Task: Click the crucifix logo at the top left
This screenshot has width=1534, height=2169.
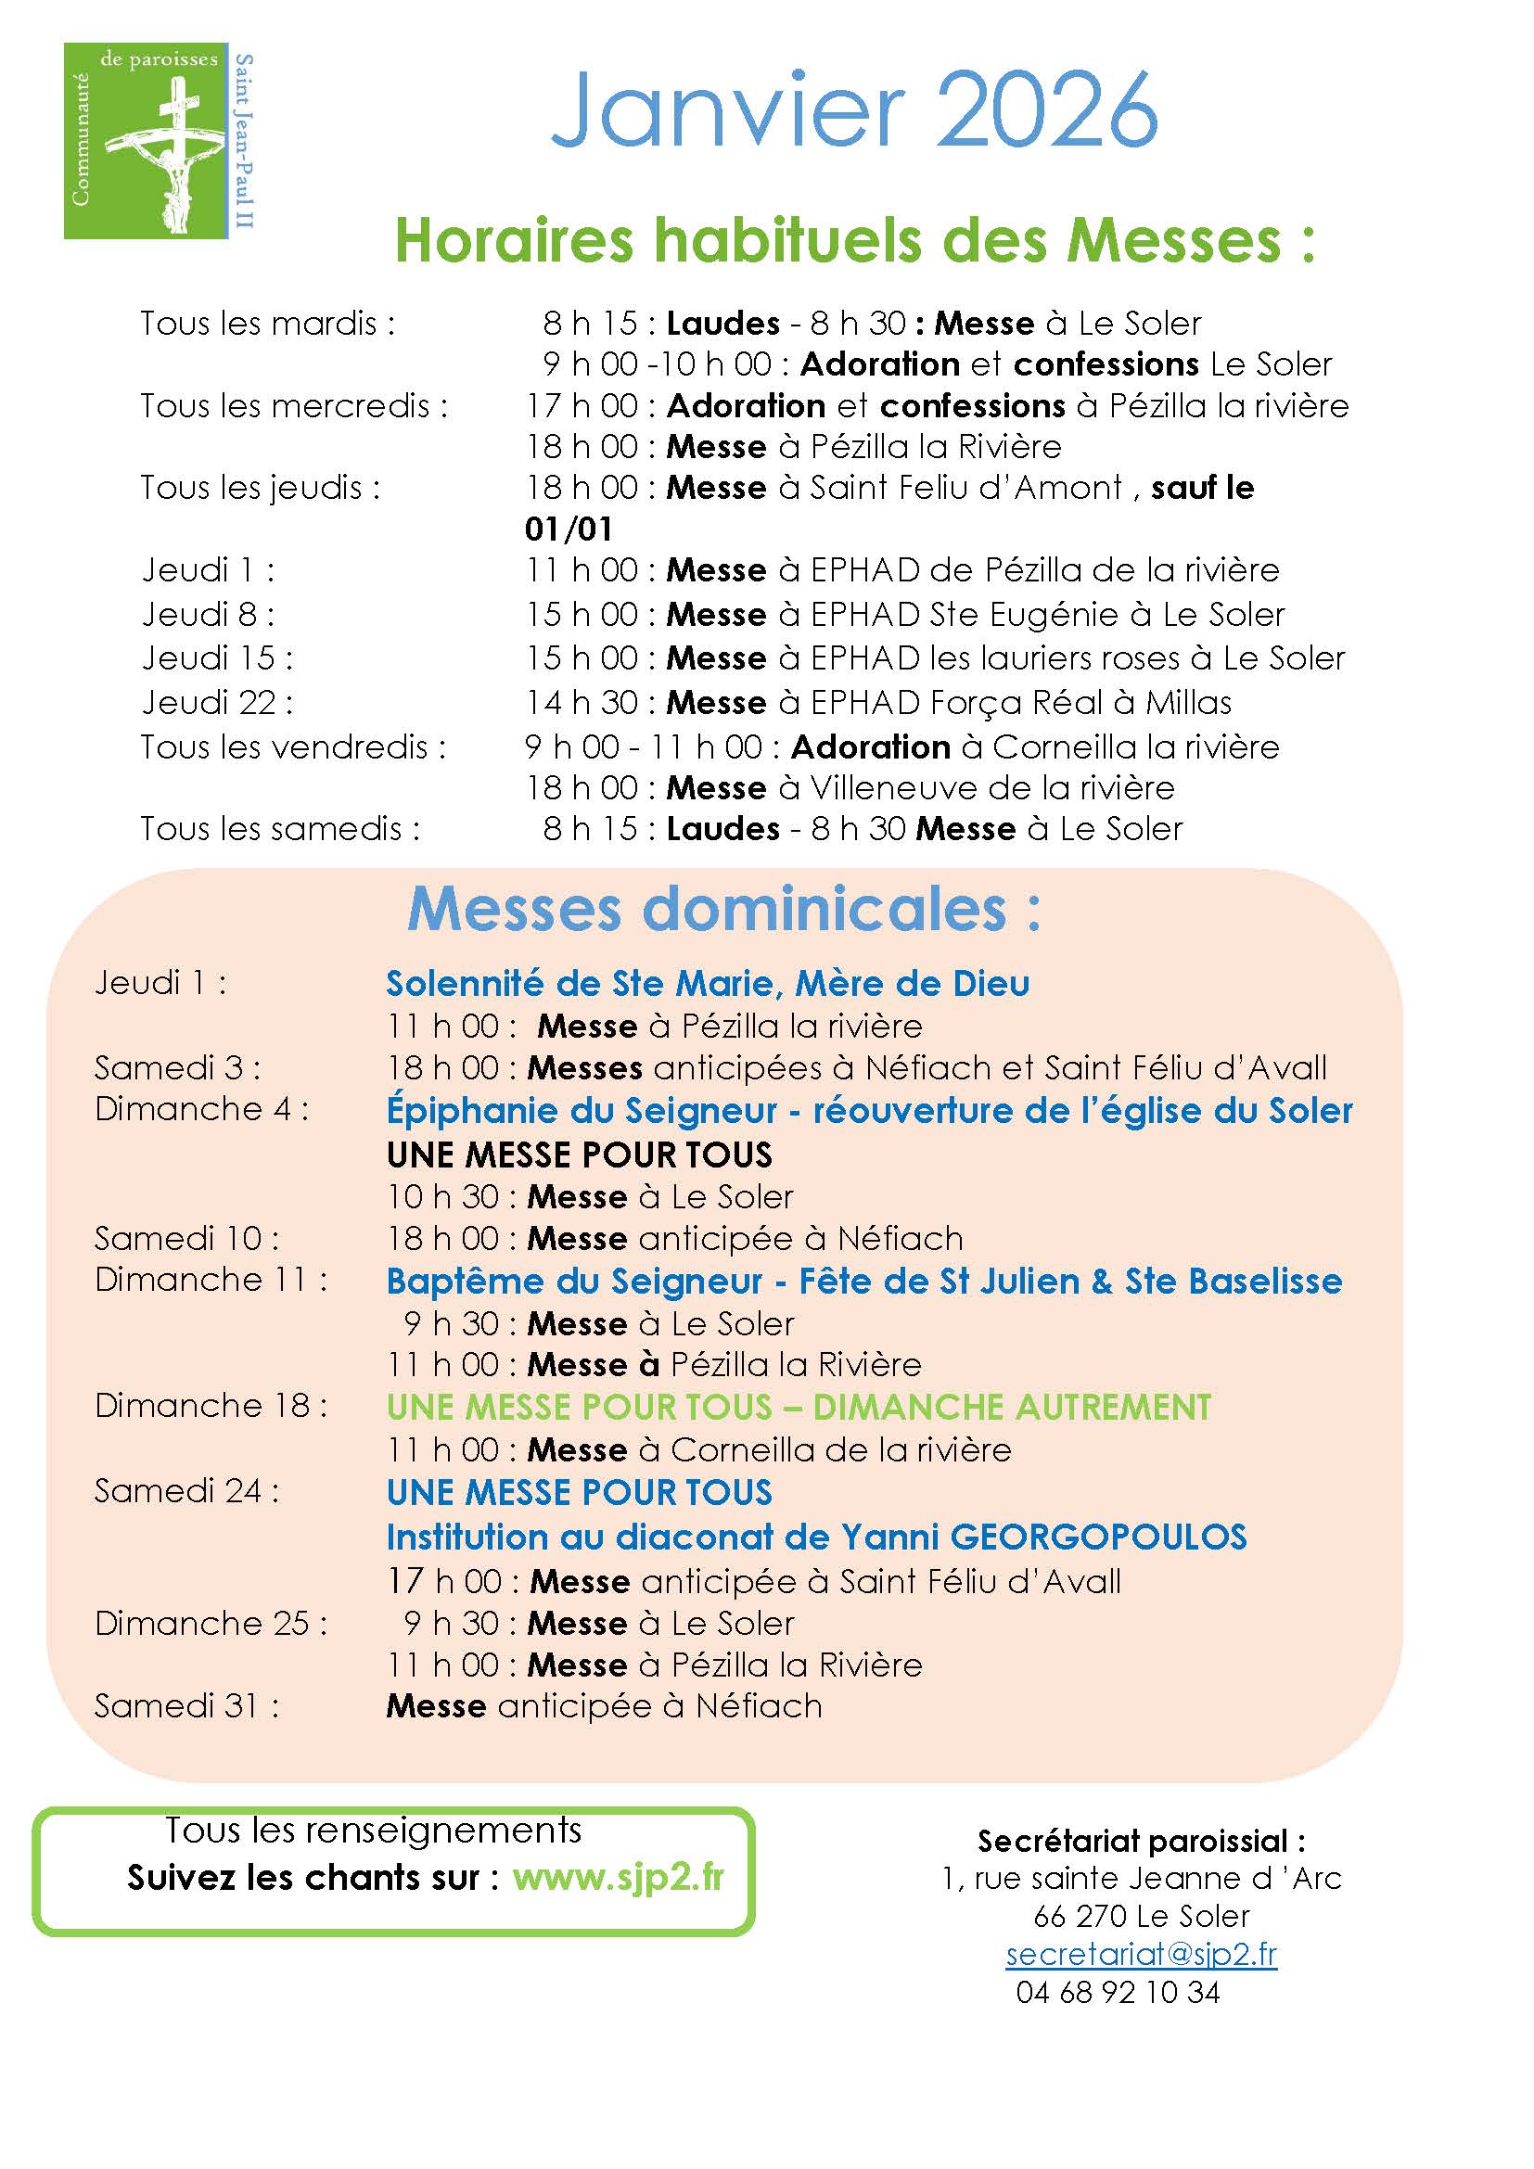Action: click(159, 141)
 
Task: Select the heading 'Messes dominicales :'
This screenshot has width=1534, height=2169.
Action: click(724, 910)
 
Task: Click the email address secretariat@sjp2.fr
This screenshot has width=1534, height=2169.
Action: click(1141, 1954)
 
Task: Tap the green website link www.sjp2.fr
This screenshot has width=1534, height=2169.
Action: click(618, 1876)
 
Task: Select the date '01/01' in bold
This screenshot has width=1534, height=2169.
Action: click(569, 529)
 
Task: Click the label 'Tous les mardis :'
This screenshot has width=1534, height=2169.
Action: click(267, 324)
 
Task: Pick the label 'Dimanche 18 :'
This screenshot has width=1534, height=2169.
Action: click(211, 1406)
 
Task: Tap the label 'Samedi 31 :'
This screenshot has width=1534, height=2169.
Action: click(186, 1706)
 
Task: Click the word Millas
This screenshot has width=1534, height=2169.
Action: click(1188, 703)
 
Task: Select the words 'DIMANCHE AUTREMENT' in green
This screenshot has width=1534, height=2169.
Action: click(1012, 1408)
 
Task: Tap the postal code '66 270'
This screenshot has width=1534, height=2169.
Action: click(1080, 1916)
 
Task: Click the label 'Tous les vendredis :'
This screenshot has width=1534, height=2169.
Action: click(293, 747)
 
